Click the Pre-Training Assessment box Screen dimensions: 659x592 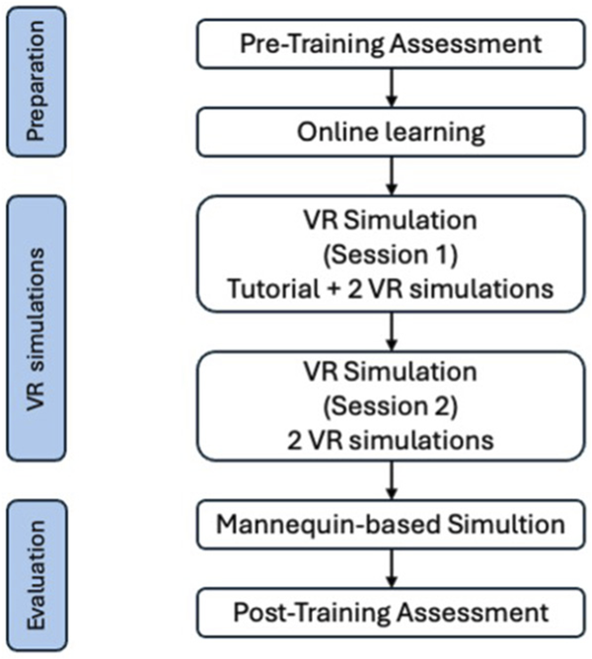(392, 43)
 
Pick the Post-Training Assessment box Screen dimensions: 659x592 (392, 613)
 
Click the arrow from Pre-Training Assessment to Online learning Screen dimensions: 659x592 (392, 87)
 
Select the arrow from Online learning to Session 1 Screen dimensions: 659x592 (392, 175)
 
